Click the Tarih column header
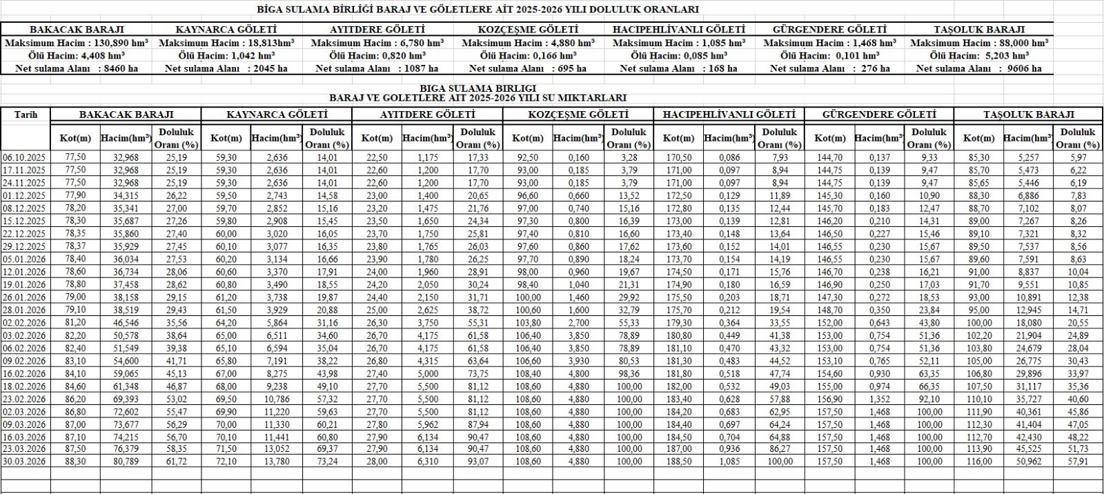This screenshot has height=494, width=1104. click(x=26, y=115)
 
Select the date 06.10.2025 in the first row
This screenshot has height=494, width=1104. click(x=26, y=157)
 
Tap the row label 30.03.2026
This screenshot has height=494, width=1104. click(x=26, y=461)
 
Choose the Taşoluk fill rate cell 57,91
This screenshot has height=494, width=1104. click(x=1078, y=461)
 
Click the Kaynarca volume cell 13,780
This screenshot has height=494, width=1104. click(x=276, y=461)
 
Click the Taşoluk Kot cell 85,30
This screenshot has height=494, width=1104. click(x=979, y=157)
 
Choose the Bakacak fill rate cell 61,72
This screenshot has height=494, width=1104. click(x=177, y=461)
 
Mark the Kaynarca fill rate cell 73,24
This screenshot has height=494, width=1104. click(x=328, y=461)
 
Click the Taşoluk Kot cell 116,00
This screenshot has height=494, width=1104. click(x=979, y=461)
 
